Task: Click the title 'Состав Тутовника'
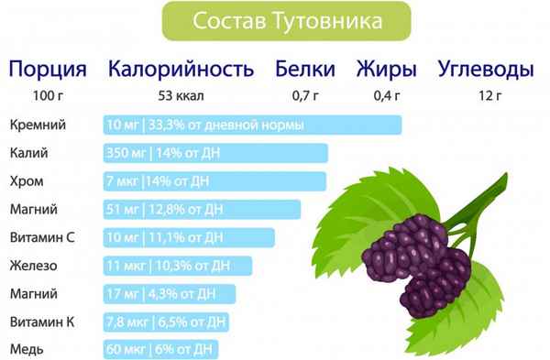tap(275, 20)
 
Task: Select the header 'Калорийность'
tap(179, 69)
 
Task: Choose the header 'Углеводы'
tap(484, 69)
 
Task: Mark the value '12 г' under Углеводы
tap(484, 96)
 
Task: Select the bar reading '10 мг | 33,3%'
tap(252, 125)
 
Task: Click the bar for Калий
tap(215, 154)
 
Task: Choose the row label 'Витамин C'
tap(40, 238)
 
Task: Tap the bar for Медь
tap(161, 350)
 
